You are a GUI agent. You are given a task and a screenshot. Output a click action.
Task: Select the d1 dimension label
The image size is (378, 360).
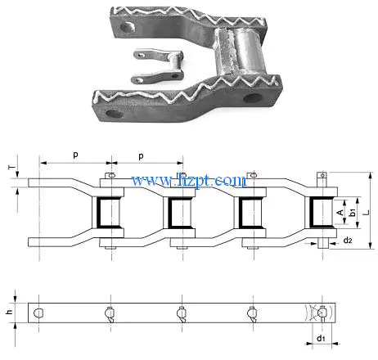coord(322,338)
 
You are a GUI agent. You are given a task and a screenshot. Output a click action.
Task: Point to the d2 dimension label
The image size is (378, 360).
coord(349,240)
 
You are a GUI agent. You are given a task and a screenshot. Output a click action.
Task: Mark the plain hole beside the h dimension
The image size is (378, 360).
coord(38,313)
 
